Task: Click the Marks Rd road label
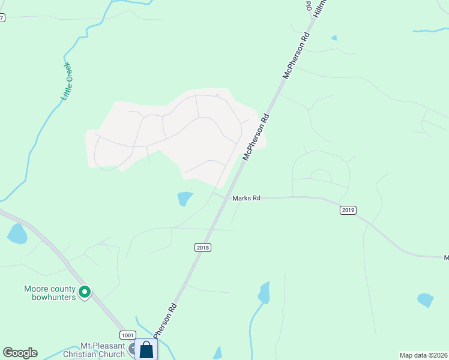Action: pyautogui.click(x=246, y=197)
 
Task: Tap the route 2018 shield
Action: pyautogui.click(x=203, y=247)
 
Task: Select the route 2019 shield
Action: pyautogui.click(x=348, y=210)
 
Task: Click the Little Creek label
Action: pyautogui.click(x=67, y=80)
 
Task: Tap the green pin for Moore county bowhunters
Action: pyautogui.click(x=85, y=292)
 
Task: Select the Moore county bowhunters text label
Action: pyautogui.click(x=50, y=292)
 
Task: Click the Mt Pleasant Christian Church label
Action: pyautogui.click(x=103, y=350)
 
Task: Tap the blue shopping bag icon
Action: pyautogui.click(x=146, y=350)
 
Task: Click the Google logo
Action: pyautogui.click(x=20, y=353)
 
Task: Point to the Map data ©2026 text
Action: pyautogui.click(x=423, y=355)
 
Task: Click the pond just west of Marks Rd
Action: pyautogui.click(x=185, y=198)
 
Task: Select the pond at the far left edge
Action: pyautogui.click(x=16, y=233)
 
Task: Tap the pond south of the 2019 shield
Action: pyautogui.click(x=425, y=299)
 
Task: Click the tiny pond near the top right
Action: pyautogui.click(x=334, y=38)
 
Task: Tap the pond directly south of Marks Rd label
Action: pyautogui.click(x=264, y=293)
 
